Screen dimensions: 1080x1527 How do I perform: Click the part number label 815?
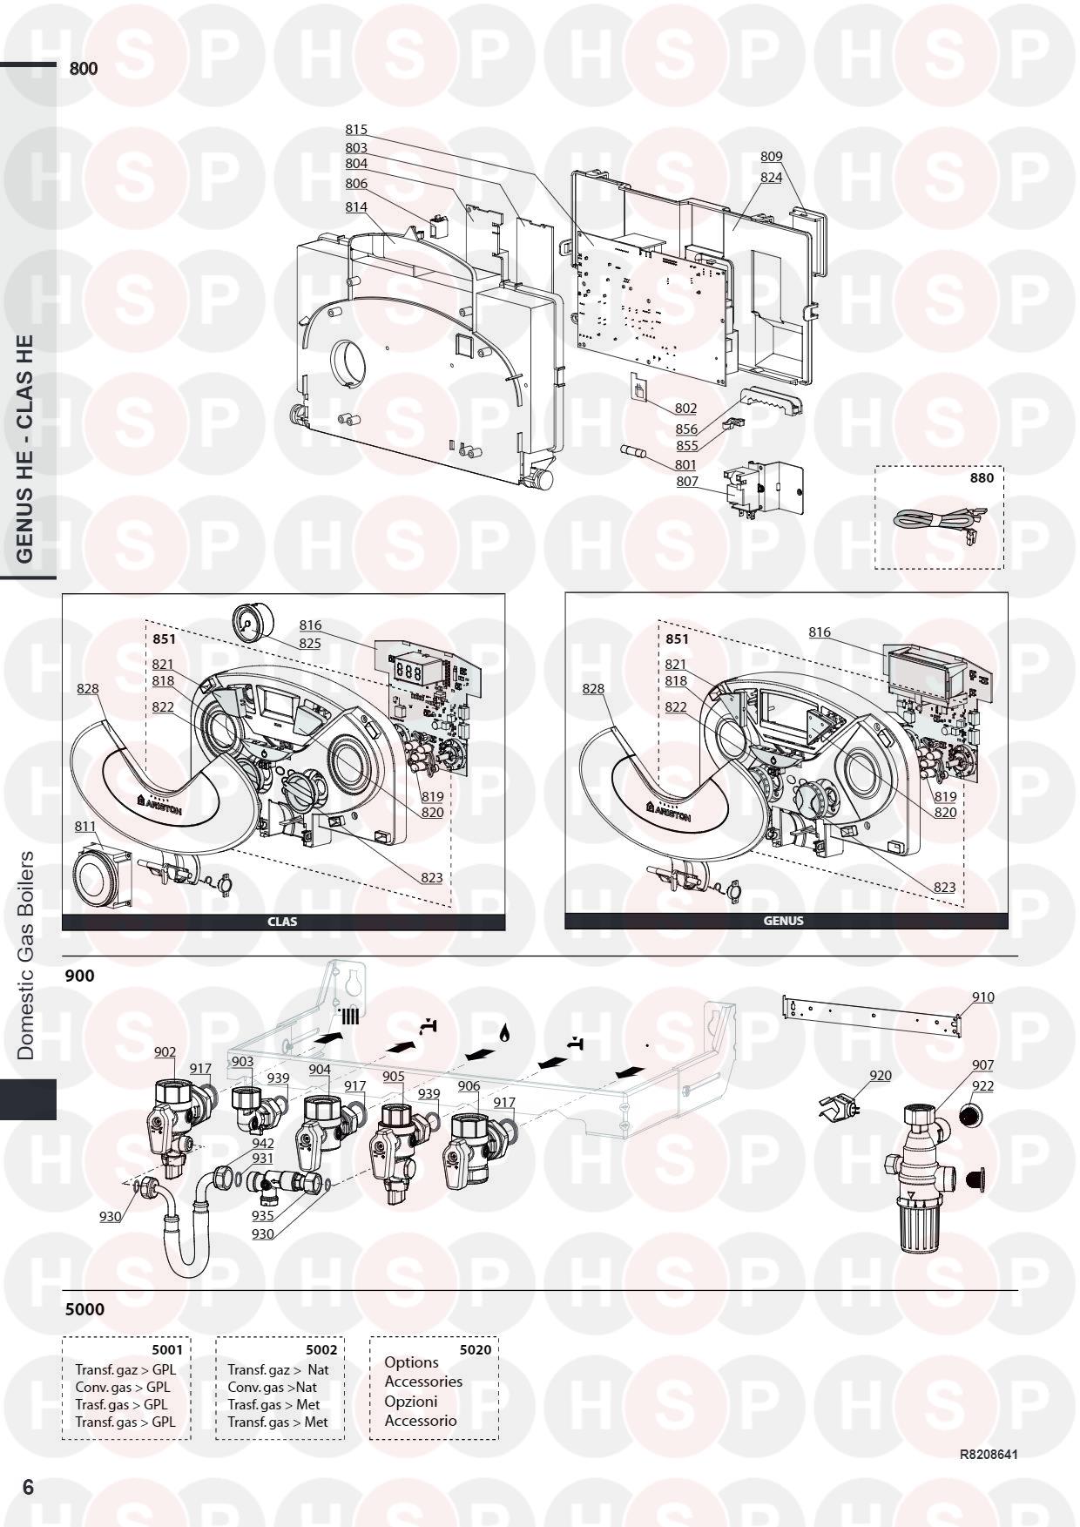click(356, 130)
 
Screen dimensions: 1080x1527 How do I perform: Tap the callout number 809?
click(772, 157)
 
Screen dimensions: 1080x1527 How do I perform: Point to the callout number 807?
click(686, 482)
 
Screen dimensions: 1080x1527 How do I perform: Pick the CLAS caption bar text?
click(282, 922)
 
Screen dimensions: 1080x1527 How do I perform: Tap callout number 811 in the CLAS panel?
click(85, 825)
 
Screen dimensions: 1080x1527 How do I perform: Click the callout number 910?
click(982, 997)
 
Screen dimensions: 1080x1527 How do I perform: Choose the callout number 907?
click(982, 1065)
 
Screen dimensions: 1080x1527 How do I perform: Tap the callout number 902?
click(165, 1052)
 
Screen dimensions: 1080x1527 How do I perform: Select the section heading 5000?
click(84, 1309)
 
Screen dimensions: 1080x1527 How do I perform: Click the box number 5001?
click(168, 1349)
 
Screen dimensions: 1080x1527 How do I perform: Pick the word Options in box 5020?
click(411, 1362)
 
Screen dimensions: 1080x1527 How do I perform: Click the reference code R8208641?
click(989, 1455)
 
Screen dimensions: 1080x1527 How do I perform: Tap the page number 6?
click(28, 1487)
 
